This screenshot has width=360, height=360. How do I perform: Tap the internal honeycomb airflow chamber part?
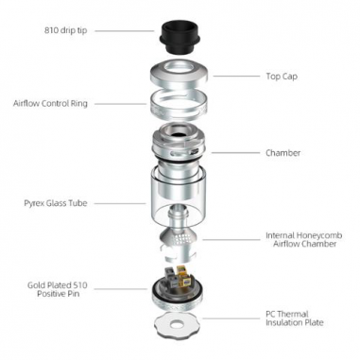coord(179,241)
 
